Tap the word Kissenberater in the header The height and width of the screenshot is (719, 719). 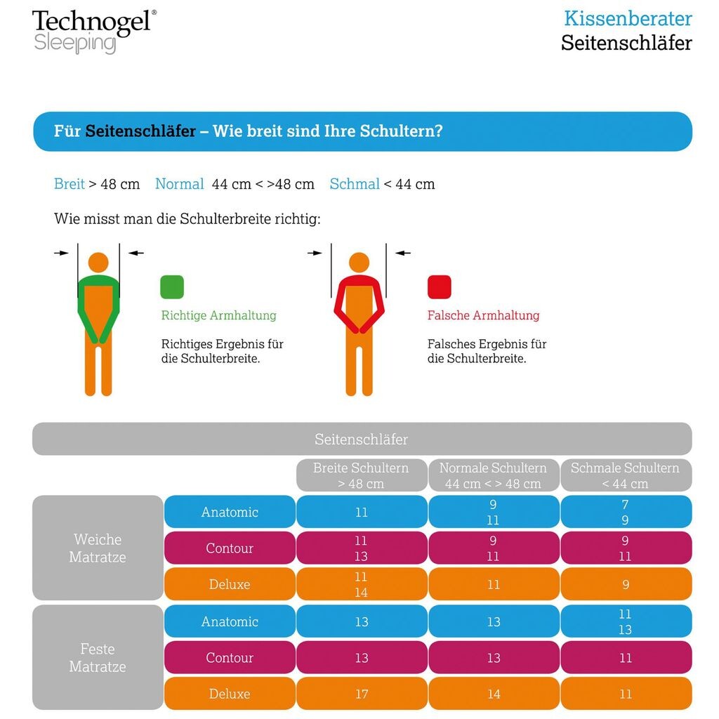(628, 18)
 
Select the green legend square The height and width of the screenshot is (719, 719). (172, 286)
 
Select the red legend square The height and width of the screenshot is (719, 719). (439, 286)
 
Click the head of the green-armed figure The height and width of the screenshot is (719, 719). (99, 263)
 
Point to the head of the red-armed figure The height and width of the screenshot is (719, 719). (359, 263)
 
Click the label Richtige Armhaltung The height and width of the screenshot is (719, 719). (218, 315)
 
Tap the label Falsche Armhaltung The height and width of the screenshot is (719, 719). (483, 315)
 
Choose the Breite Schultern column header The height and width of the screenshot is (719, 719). (361, 475)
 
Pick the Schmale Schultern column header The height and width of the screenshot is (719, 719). (625, 475)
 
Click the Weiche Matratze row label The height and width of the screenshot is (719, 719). (98, 548)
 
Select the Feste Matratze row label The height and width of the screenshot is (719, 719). (98, 657)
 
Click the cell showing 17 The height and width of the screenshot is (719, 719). (361, 694)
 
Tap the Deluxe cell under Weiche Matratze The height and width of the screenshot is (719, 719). (230, 584)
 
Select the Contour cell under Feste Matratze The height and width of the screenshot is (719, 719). (230, 658)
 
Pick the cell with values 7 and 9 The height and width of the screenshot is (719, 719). (625, 512)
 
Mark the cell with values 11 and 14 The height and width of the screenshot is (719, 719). (361, 584)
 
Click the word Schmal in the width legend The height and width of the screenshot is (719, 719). (355, 184)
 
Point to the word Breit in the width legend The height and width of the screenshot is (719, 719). (70, 184)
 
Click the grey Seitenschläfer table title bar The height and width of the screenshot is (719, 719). (361, 440)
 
